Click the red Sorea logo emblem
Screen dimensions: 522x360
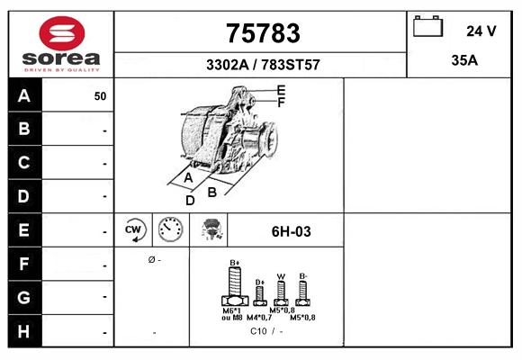[x=62, y=33]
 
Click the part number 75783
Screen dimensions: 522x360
[x=263, y=33]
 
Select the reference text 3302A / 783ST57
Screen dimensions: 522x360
[x=263, y=65]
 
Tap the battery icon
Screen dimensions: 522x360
[x=427, y=26]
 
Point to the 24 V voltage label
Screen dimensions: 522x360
[x=481, y=31]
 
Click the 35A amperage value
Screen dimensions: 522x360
[x=464, y=60]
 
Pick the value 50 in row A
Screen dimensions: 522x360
[x=100, y=96]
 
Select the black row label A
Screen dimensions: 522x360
[x=24, y=95]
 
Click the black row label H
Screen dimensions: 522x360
[x=24, y=331]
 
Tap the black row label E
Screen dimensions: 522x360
[x=24, y=229]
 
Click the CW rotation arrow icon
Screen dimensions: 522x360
[x=133, y=229]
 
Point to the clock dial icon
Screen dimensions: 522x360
[x=170, y=229]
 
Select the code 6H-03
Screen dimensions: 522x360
[x=292, y=231]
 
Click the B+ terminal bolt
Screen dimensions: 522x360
[x=235, y=286]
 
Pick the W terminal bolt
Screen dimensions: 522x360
[x=281, y=293]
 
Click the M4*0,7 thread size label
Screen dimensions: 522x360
[x=259, y=318]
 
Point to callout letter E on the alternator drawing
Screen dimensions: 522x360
[x=282, y=90]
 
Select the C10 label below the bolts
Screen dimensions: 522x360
[x=258, y=331]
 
